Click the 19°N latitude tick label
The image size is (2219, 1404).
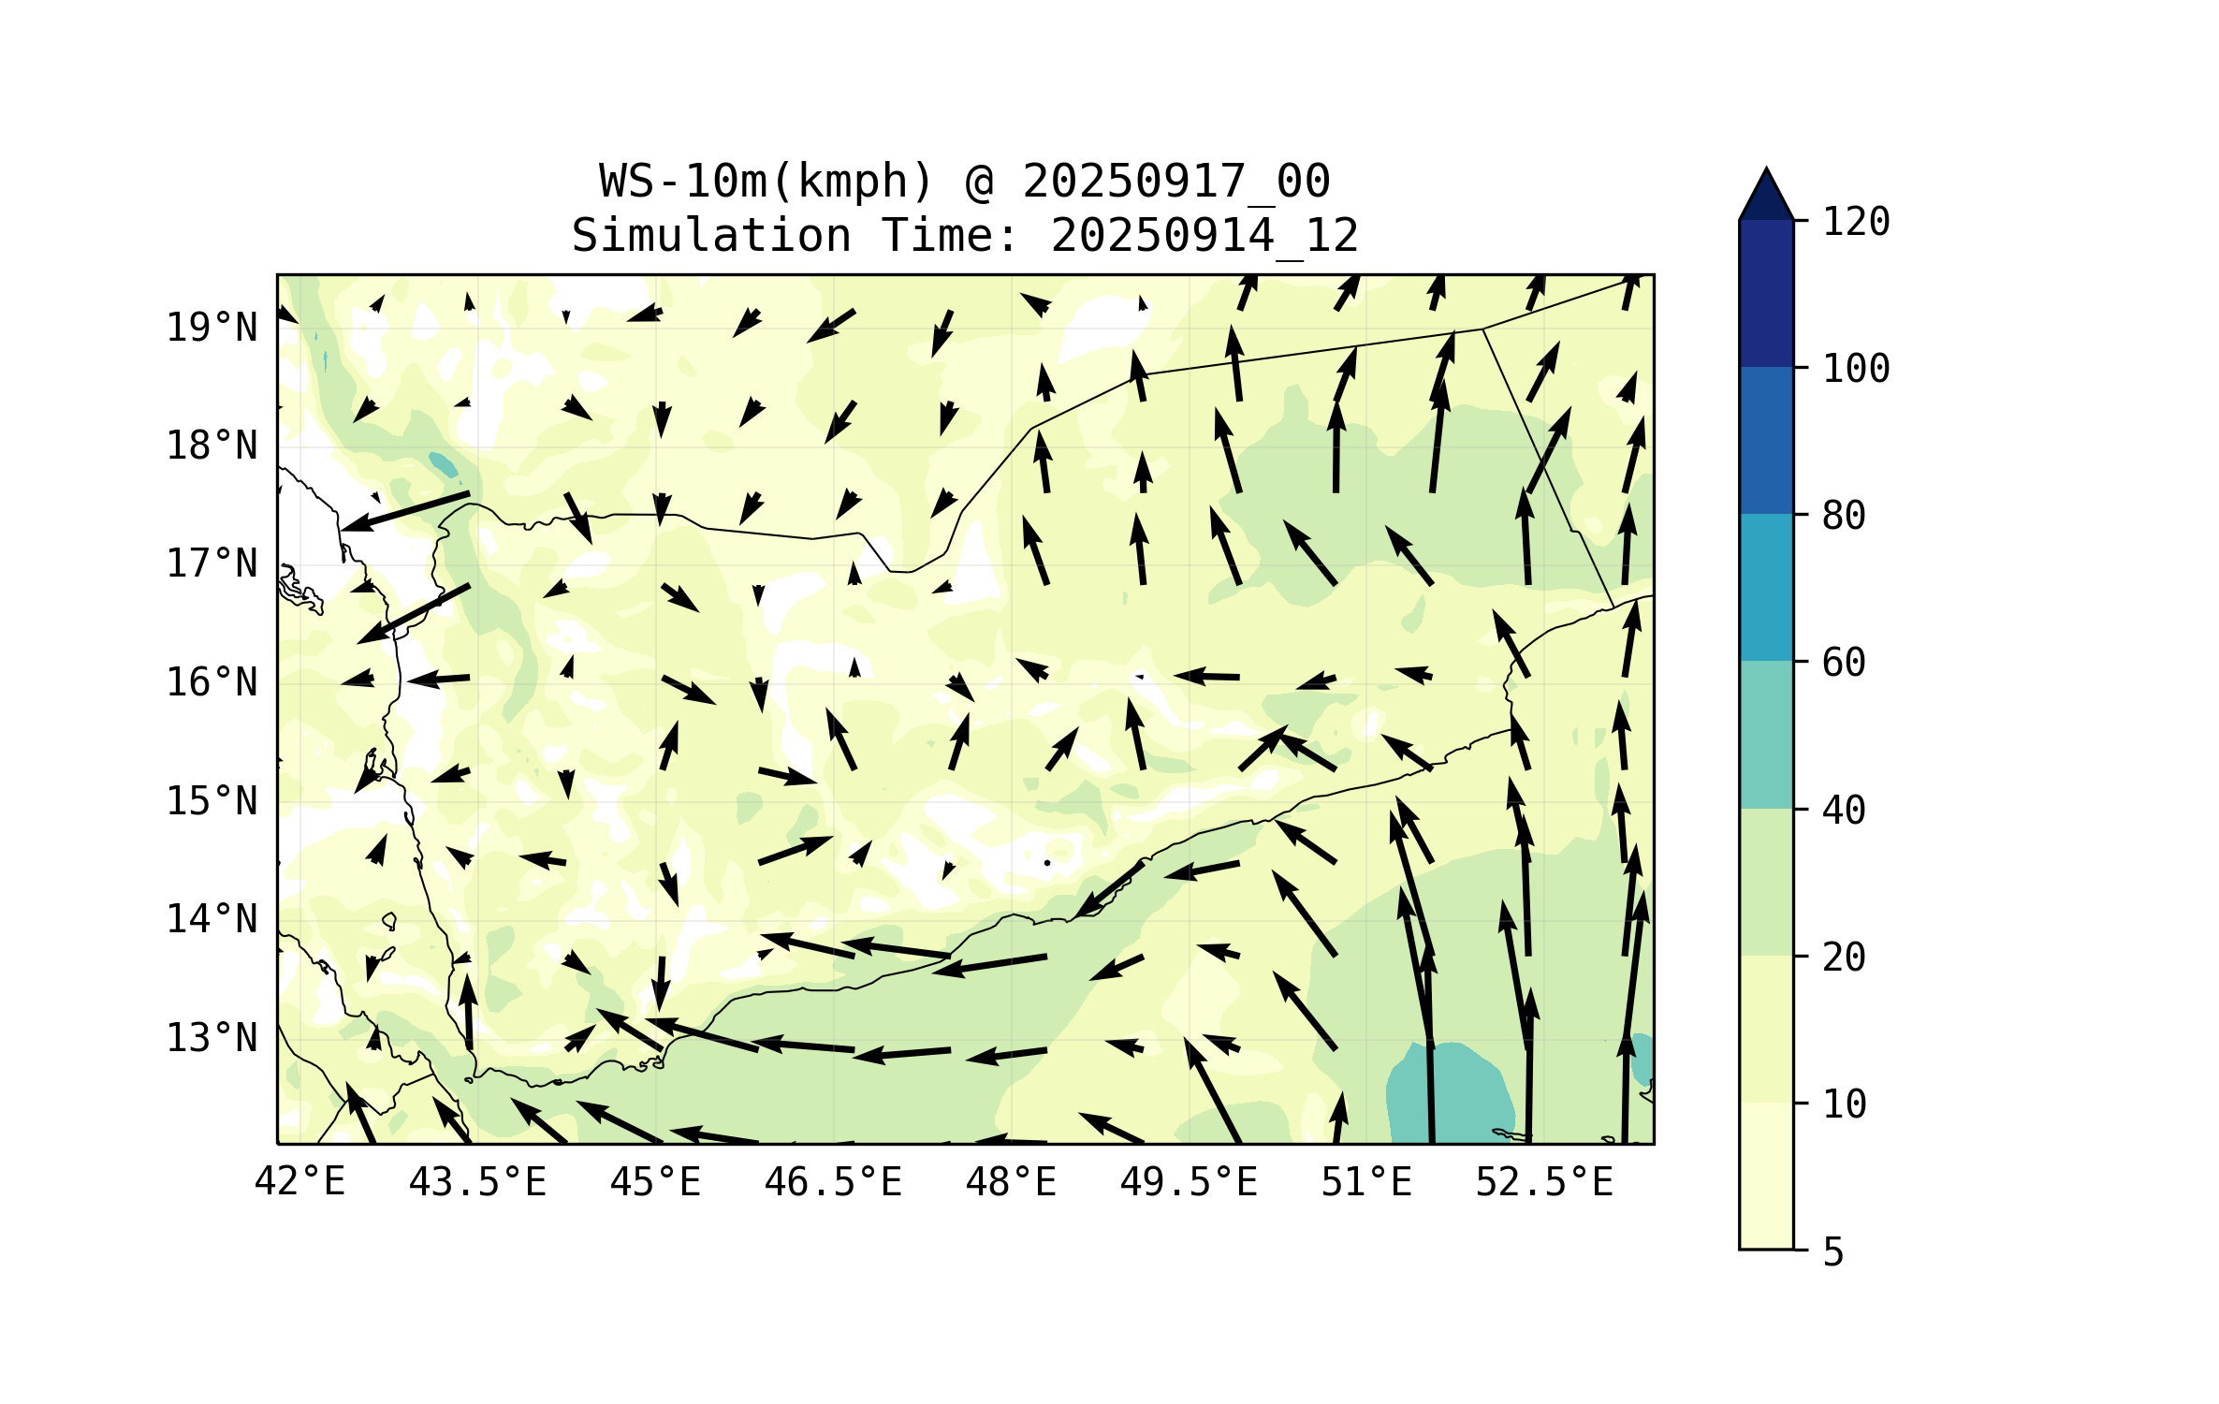[212, 328]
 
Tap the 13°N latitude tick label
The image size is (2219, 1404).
[212, 1038]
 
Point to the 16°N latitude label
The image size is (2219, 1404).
[212, 682]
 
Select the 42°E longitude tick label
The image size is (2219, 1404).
[299, 1182]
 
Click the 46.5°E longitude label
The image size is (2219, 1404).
[833, 1182]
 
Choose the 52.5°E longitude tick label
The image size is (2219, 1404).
[1544, 1182]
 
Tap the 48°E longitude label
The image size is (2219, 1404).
[1011, 1182]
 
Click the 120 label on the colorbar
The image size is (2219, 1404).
[1856, 222]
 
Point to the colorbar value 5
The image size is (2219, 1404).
[1833, 1252]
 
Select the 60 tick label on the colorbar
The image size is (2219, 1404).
[1844, 663]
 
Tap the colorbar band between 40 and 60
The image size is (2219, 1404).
[1766, 735]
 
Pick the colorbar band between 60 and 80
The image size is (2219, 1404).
[1766, 587]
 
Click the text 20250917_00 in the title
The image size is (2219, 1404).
[1175, 181]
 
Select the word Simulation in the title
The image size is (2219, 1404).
[711, 235]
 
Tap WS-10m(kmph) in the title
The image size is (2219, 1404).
[766, 181]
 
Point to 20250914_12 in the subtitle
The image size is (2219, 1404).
[1204, 235]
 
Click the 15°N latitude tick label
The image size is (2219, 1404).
[212, 801]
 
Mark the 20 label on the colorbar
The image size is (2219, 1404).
[1844, 957]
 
